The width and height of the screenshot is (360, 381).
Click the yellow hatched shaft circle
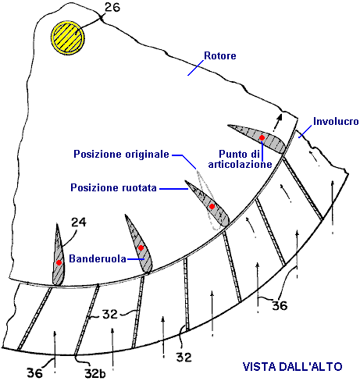pyautogui.click(x=68, y=37)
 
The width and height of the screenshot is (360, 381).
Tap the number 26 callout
pyautogui.click(x=112, y=8)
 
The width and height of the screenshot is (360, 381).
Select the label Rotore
pyautogui.click(x=220, y=55)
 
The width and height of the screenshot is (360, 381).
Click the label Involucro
pyautogui.click(x=336, y=121)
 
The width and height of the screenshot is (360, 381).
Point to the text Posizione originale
pyautogui.click(x=121, y=154)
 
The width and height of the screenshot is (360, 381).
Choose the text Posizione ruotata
pyautogui.click(x=113, y=187)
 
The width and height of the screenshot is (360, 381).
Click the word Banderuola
pyautogui.click(x=98, y=258)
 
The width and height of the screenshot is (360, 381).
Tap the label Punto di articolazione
pyautogui.click(x=240, y=159)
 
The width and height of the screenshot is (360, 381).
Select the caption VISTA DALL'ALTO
pyautogui.click(x=292, y=367)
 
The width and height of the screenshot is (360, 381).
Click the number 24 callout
pyautogui.click(x=79, y=223)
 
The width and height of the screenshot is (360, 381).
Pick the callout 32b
pyautogui.click(x=95, y=374)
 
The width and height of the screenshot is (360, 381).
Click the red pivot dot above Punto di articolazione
pyautogui.click(x=262, y=137)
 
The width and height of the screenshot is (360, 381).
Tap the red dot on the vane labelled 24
pyautogui.click(x=59, y=262)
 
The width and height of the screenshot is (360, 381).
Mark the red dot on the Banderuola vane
pyautogui.click(x=141, y=248)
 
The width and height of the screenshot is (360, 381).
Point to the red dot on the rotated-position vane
pyautogui.click(x=212, y=207)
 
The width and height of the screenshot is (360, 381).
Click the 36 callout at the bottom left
pyautogui.click(x=35, y=373)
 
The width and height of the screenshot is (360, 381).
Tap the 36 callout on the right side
pyautogui.click(x=280, y=305)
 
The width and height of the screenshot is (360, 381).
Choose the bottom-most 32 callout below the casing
pyautogui.click(x=184, y=357)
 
